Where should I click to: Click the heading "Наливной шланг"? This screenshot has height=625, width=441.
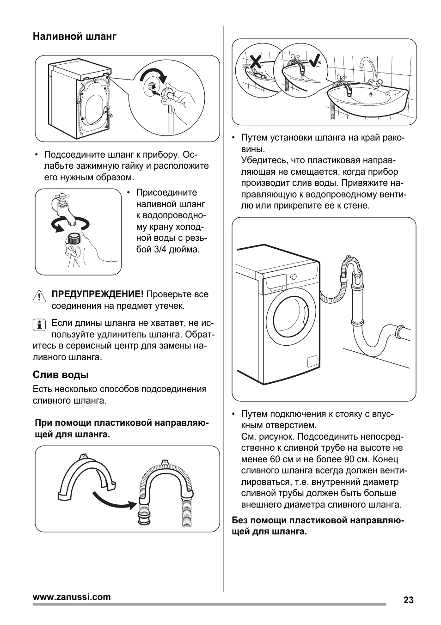[74, 37]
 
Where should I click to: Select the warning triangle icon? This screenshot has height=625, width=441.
[39, 296]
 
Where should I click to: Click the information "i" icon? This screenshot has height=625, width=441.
[39, 325]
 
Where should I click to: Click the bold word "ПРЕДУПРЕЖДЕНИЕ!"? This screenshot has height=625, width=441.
[98, 294]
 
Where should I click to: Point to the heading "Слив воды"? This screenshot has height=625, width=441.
[61, 375]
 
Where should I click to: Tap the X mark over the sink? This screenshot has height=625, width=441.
[256, 61]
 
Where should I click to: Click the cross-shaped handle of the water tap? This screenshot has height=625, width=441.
[62, 197]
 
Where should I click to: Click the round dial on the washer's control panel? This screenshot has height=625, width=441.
[293, 277]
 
